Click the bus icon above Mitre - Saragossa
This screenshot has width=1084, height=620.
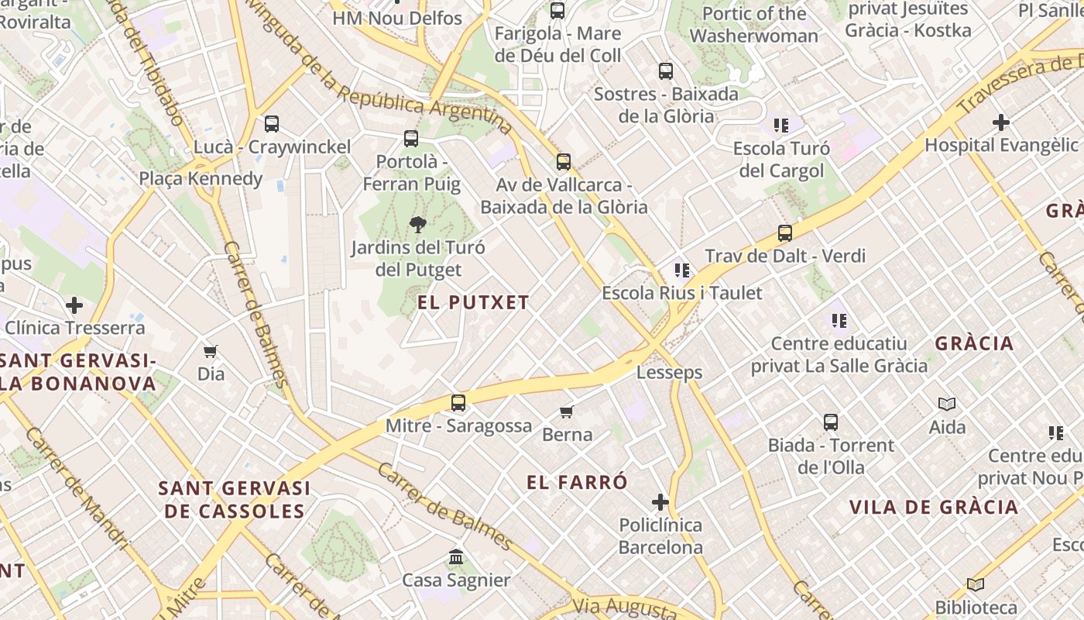458,403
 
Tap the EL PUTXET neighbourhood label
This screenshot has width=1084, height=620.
473,302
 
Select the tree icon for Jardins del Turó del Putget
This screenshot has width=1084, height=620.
418,226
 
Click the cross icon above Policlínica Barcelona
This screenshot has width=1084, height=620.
660,503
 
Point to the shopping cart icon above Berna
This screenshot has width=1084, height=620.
568,412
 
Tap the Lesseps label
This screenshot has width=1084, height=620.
669,373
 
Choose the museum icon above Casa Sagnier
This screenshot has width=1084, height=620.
456,557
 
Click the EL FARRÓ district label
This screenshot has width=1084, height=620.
577,482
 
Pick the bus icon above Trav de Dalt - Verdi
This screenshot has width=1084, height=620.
785,233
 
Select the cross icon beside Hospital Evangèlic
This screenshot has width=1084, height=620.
1001,122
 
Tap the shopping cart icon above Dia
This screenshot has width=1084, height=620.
211,352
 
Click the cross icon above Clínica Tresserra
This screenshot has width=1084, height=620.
74,305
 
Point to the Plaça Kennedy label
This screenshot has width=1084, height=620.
201,179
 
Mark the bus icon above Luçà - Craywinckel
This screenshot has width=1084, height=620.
272,124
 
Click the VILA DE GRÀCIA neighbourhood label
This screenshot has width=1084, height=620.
934,508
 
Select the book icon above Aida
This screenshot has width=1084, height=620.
947,404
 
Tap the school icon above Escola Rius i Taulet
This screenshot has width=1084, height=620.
682,270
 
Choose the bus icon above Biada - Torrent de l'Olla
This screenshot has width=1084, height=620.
831,422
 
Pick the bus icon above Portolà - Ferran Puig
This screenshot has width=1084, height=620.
411,139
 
